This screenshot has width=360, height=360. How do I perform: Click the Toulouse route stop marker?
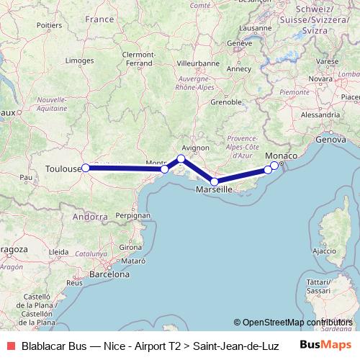85,168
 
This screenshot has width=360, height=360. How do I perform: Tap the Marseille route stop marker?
215,182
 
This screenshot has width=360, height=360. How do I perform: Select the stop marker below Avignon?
181,158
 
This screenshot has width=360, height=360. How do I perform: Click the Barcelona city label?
108,274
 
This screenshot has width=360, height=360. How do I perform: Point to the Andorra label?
90,216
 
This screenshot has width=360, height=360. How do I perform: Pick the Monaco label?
279,156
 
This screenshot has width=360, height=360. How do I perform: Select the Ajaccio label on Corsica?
325,251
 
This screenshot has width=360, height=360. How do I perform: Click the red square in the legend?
10,346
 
